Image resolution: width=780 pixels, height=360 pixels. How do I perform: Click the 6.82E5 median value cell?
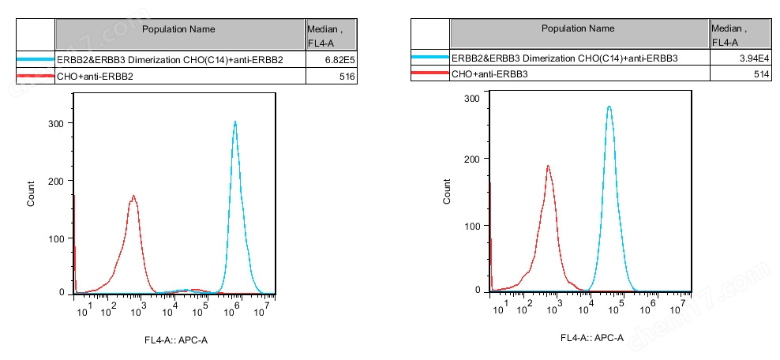[x=332, y=59]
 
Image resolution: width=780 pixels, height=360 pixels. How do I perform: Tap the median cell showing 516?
[x=332, y=77]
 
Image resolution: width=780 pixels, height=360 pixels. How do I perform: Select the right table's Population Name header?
[x=578, y=28]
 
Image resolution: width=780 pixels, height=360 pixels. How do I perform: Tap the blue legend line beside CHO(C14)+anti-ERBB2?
[x=35, y=59]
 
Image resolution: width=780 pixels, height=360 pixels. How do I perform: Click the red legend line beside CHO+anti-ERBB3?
[x=429, y=73]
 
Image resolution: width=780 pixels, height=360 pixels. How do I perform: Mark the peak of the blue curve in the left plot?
[x=235, y=122]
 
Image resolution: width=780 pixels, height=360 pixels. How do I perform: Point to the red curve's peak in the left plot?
[x=134, y=196]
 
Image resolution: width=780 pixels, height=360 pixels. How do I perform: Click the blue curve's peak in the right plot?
[x=609, y=107]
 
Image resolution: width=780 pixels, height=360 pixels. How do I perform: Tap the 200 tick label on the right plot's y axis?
[x=471, y=159]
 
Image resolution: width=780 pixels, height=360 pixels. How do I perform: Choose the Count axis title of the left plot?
[x=31, y=194]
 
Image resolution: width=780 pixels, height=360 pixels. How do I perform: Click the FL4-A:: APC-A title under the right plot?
[x=592, y=338]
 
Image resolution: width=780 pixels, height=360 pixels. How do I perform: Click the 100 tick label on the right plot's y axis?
[x=471, y=226]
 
